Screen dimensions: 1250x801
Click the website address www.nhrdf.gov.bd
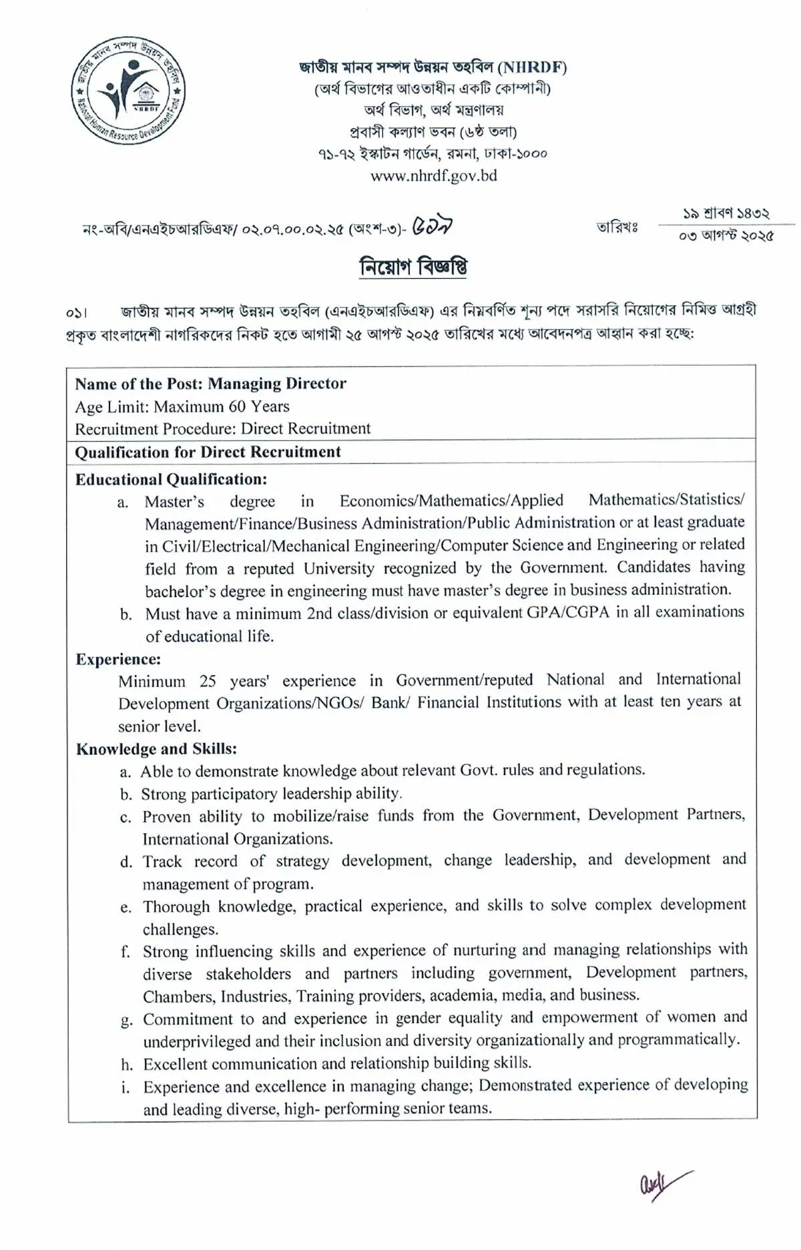pyautogui.click(x=433, y=176)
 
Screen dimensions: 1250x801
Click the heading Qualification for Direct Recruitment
pyautogui.click(x=208, y=452)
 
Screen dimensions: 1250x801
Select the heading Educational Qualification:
pyautogui.click(x=171, y=479)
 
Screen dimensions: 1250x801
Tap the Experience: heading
pyautogui.click(x=118, y=659)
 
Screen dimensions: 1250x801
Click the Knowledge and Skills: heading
pyautogui.click(x=156, y=748)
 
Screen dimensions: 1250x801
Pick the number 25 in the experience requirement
pyautogui.click(x=208, y=681)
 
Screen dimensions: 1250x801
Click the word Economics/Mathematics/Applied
pyautogui.click(x=451, y=500)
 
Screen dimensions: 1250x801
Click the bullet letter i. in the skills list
pyautogui.click(x=125, y=1088)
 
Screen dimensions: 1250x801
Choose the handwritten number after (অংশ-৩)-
pyautogui.click(x=435, y=227)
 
